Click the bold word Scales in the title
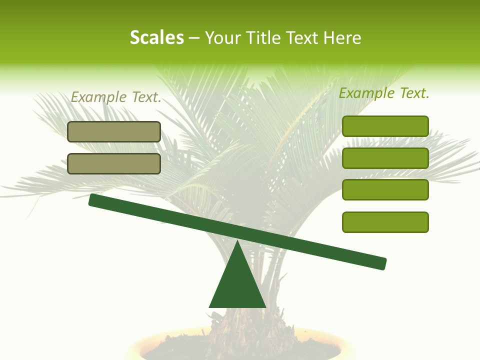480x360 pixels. pos(156,37)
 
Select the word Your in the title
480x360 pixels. pos(223,37)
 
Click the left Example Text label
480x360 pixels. pos(116,97)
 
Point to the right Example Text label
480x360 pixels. pos(384,93)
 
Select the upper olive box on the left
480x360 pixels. pos(114,131)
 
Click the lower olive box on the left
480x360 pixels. pos(114,163)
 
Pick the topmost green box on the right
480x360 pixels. pos(385,126)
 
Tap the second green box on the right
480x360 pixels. pos(385,158)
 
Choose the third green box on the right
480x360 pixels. pos(385,190)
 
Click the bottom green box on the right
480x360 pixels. pos(385,222)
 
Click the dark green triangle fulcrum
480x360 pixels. pos(237,285)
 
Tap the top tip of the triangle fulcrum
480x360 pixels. pos(237,242)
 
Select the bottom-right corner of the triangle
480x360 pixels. pos(265,306)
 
